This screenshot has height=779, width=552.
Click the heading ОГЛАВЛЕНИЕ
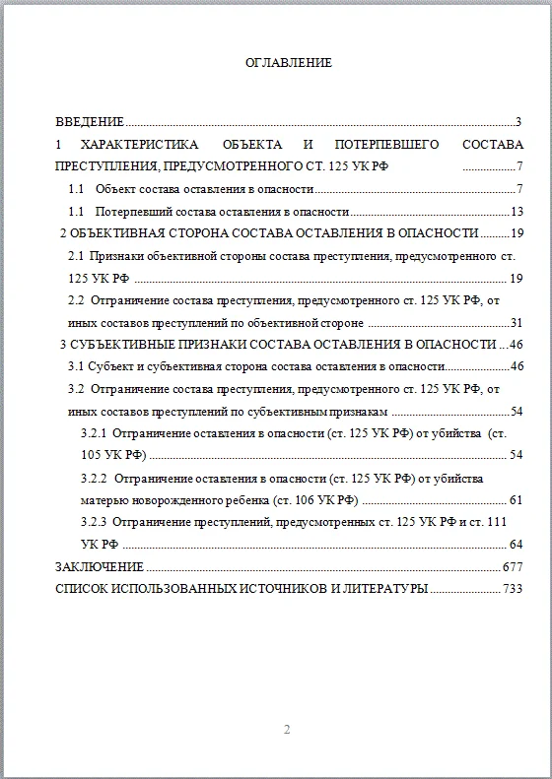(x=289, y=63)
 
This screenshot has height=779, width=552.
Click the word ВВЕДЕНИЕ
(x=90, y=123)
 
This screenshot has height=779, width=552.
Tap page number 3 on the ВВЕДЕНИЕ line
(x=517, y=123)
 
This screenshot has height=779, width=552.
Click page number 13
(x=516, y=212)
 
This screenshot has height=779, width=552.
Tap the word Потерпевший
(x=134, y=212)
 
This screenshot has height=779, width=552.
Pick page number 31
(x=516, y=322)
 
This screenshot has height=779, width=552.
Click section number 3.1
(x=76, y=366)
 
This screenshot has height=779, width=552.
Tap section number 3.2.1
(x=96, y=433)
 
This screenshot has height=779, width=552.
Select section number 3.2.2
(x=96, y=478)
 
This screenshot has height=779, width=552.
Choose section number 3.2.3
(x=96, y=522)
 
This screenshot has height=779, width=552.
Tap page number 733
(x=513, y=589)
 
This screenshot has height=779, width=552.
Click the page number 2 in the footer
(x=287, y=731)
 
